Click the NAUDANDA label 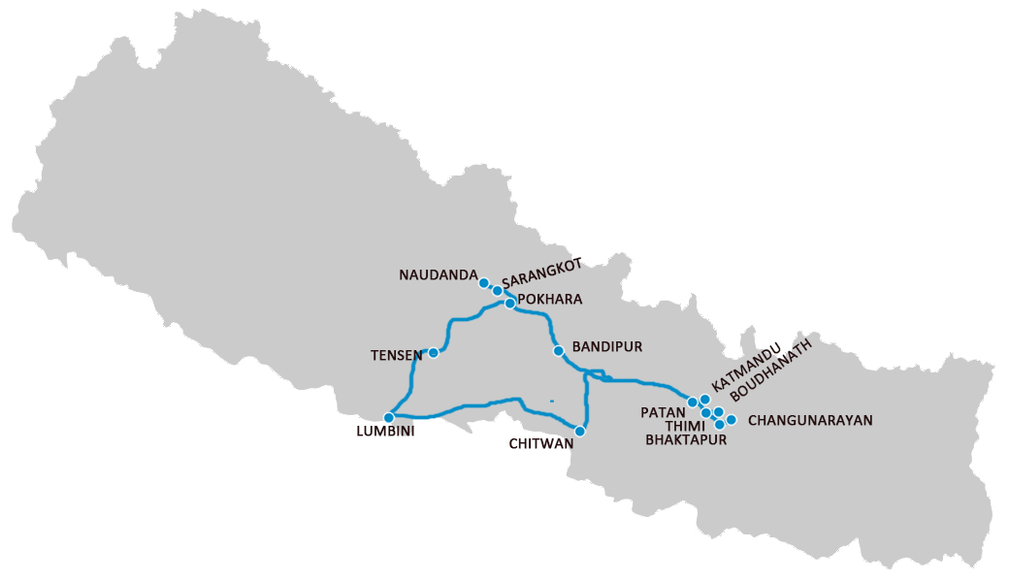(x=438, y=275)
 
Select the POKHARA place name (x=550, y=300)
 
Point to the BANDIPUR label (x=607, y=346)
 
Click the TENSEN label (x=396, y=355)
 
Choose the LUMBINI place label (x=385, y=433)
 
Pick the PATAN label (x=664, y=412)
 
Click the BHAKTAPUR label (x=685, y=439)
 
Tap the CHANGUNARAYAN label (x=811, y=421)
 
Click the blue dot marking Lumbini (x=389, y=417)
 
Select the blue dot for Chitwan (x=580, y=431)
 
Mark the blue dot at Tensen (x=434, y=353)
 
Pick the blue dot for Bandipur (x=558, y=351)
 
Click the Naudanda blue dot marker (x=484, y=283)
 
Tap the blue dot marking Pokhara (x=509, y=304)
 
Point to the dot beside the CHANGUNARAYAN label (x=732, y=420)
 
